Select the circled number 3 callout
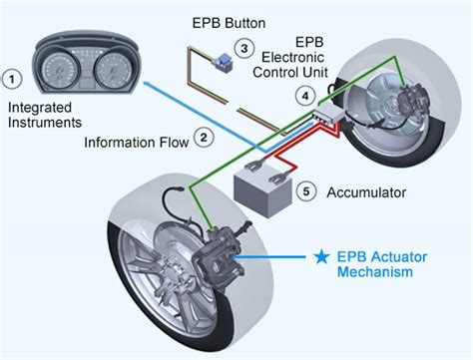[x=241, y=47]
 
